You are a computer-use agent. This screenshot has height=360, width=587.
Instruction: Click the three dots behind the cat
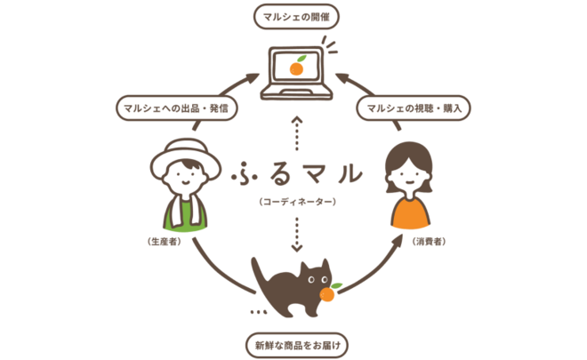[259, 313]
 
